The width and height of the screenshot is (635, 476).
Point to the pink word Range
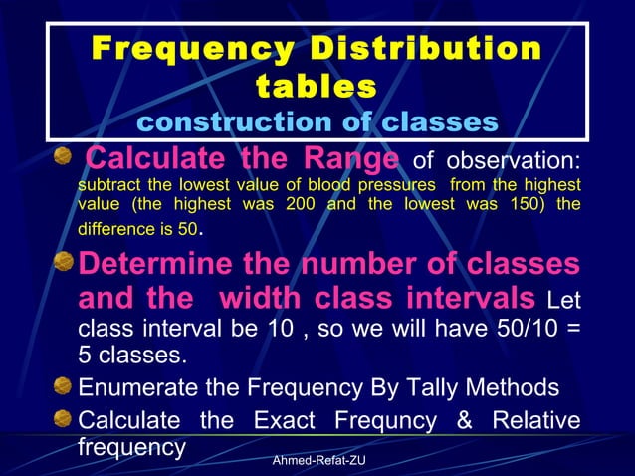[352, 158]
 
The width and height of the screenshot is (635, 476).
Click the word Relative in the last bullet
[534, 419]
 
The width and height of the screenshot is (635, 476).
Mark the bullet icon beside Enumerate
[63, 386]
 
